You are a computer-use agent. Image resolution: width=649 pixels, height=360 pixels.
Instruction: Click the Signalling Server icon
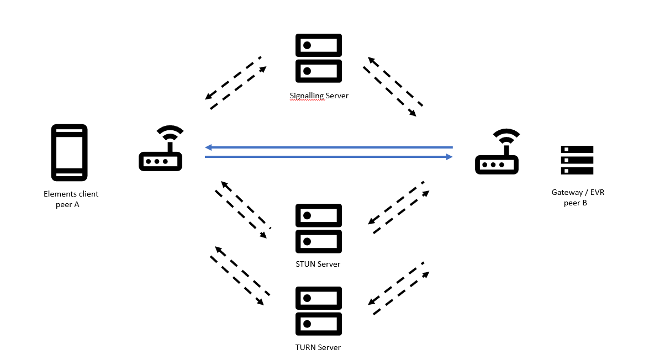[x=319, y=58]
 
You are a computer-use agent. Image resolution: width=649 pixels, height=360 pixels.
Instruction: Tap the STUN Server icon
[x=319, y=228]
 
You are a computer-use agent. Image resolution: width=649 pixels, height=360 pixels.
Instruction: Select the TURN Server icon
[x=319, y=311]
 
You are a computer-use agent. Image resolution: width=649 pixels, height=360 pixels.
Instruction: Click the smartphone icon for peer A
[x=69, y=152]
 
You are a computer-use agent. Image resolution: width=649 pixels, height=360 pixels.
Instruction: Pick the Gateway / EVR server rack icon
[x=577, y=160]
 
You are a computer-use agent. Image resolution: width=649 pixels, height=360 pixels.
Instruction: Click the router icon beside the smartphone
[x=161, y=149]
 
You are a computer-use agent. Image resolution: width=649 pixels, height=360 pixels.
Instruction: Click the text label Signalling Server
[x=319, y=96]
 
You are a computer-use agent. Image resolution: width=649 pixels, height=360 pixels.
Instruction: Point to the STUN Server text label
[x=318, y=264]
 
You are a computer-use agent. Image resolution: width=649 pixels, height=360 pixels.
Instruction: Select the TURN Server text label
[x=318, y=347]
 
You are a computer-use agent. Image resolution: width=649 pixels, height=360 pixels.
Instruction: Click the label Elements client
[x=71, y=194]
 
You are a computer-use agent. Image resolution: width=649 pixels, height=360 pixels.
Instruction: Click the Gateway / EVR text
[x=574, y=193]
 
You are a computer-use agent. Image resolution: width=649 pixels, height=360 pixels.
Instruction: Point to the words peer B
[x=575, y=203]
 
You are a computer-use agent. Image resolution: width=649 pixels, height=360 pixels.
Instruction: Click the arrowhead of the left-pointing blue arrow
[x=208, y=147]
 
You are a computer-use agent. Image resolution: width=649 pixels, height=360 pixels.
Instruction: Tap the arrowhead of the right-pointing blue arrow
[x=449, y=157]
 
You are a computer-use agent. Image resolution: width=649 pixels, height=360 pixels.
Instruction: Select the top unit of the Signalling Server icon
[x=319, y=45]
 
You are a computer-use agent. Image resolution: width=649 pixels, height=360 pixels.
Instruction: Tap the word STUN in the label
[x=305, y=264]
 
